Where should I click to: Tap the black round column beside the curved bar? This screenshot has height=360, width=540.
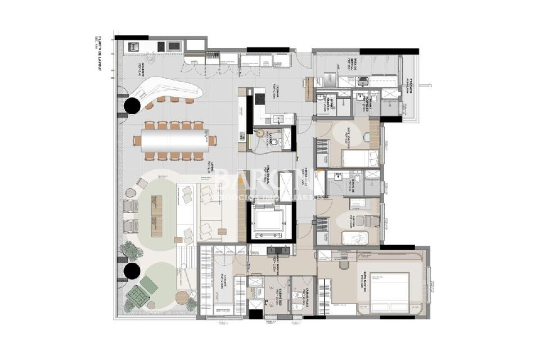tap(133, 105)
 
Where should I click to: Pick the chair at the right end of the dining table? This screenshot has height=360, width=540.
tap(212, 141)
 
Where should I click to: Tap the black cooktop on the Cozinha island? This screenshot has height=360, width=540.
tap(260, 99)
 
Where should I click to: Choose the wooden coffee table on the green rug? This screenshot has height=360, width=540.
tap(156, 209)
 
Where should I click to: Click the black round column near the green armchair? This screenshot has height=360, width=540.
tap(133, 271)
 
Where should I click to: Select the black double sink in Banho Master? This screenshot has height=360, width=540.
tap(278, 251)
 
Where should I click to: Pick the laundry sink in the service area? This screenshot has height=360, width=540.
tap(363, 82)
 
